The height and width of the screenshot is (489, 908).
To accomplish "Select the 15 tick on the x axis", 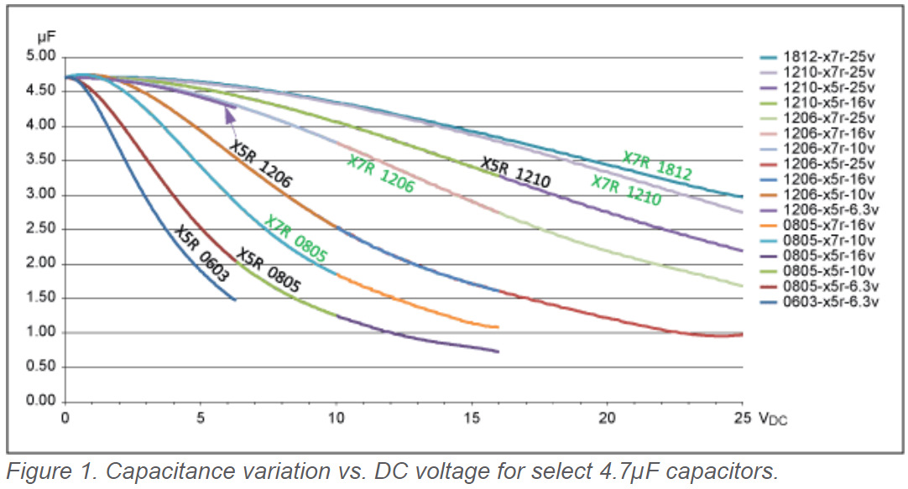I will click(472, 417).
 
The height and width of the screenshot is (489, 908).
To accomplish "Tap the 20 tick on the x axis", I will click(608, 417).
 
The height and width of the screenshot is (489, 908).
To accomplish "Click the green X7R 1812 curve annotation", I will click(657, 166).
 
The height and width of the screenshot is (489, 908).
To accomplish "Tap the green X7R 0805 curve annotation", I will click(295, 239).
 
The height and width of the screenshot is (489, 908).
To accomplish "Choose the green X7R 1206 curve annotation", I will click(381, 174).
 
